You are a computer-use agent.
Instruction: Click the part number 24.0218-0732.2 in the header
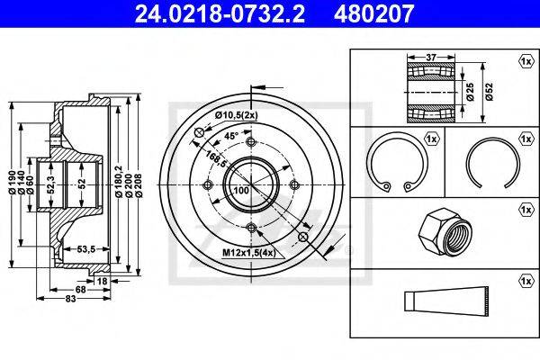(220, 13)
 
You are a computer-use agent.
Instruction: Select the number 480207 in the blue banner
(373, 13)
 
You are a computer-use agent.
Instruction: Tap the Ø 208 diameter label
(139, 185)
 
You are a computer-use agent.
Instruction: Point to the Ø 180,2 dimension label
(119, 182)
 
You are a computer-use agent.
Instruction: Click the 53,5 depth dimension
(85, 248)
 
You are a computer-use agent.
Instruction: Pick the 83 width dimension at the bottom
(70, 298)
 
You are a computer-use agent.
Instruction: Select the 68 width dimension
(80, 290)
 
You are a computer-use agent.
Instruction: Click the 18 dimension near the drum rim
(102, 281)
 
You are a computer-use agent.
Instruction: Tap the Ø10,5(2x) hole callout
(236, 115)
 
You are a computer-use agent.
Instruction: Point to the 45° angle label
(231, 136)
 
